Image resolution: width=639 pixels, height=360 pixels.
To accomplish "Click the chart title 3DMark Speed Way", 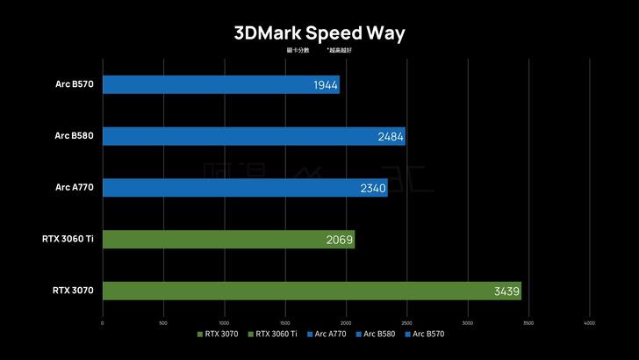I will [319, 33].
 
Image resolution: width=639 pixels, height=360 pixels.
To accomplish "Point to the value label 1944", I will [325, 85].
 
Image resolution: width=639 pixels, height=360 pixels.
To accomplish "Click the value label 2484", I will [391, 137].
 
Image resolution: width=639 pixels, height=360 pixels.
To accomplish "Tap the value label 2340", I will [372, 188].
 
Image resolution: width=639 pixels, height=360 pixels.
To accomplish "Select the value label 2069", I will [340, 240].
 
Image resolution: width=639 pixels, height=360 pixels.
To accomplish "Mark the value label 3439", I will [506, 291].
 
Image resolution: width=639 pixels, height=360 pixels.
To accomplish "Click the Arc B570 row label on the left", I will [74, 85].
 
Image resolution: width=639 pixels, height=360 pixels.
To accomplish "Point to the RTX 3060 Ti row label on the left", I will [68, 239].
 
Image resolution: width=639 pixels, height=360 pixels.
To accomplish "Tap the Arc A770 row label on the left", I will [74, 188].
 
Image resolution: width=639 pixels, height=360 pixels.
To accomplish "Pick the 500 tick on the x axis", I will [163, 322].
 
